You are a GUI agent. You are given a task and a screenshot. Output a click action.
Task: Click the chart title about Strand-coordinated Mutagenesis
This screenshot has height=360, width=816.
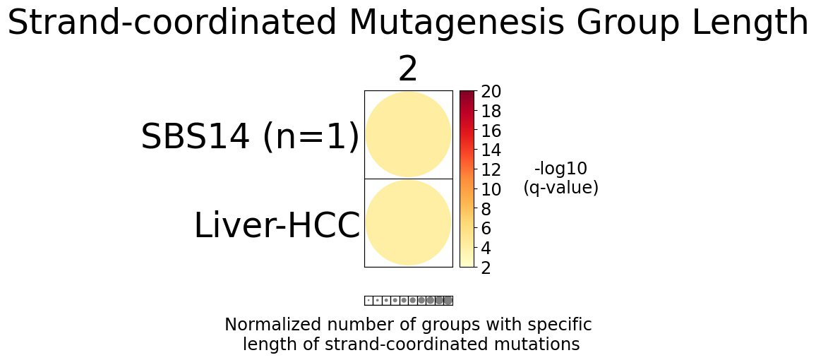coord(408,23)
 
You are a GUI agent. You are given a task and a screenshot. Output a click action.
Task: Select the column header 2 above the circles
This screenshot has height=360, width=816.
coord(408,70)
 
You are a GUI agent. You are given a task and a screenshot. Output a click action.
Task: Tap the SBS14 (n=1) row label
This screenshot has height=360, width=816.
coord(250,137)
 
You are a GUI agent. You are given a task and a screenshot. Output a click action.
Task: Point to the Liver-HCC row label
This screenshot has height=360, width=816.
coord(277,227)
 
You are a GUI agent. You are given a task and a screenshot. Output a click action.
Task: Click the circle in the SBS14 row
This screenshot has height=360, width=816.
coord(408,134)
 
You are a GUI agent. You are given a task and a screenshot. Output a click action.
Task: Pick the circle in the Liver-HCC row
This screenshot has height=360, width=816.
coord(408,222)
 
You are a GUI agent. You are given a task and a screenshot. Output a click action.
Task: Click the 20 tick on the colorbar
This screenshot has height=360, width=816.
coord(491,92)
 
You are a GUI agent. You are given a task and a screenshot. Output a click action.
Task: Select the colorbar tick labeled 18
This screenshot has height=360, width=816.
coord(491,112)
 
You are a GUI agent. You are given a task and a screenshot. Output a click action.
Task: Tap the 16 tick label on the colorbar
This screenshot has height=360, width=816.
coord(491,131)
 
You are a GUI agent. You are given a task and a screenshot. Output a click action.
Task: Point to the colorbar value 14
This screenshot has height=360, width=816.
coord(491,150)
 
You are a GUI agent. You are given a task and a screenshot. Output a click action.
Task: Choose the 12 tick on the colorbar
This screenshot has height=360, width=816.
coord(491,170)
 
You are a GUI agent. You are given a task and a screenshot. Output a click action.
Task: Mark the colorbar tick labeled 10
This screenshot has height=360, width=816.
coord(491,190)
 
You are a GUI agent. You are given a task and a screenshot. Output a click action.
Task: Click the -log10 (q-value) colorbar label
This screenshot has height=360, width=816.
coord(560,178)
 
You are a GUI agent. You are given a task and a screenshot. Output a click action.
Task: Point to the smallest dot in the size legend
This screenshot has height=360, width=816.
coord(368,300)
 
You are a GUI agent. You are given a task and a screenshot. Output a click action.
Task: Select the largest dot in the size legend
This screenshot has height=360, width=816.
coord(448,300)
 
